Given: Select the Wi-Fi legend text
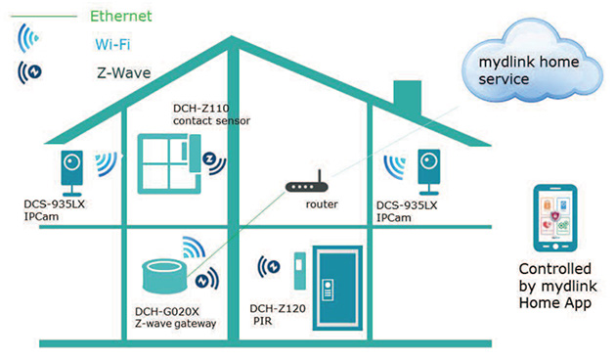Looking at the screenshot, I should pyautogui.click(x=113, y=43).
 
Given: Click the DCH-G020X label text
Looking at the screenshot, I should pyautogui.click(x=167, y=311).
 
